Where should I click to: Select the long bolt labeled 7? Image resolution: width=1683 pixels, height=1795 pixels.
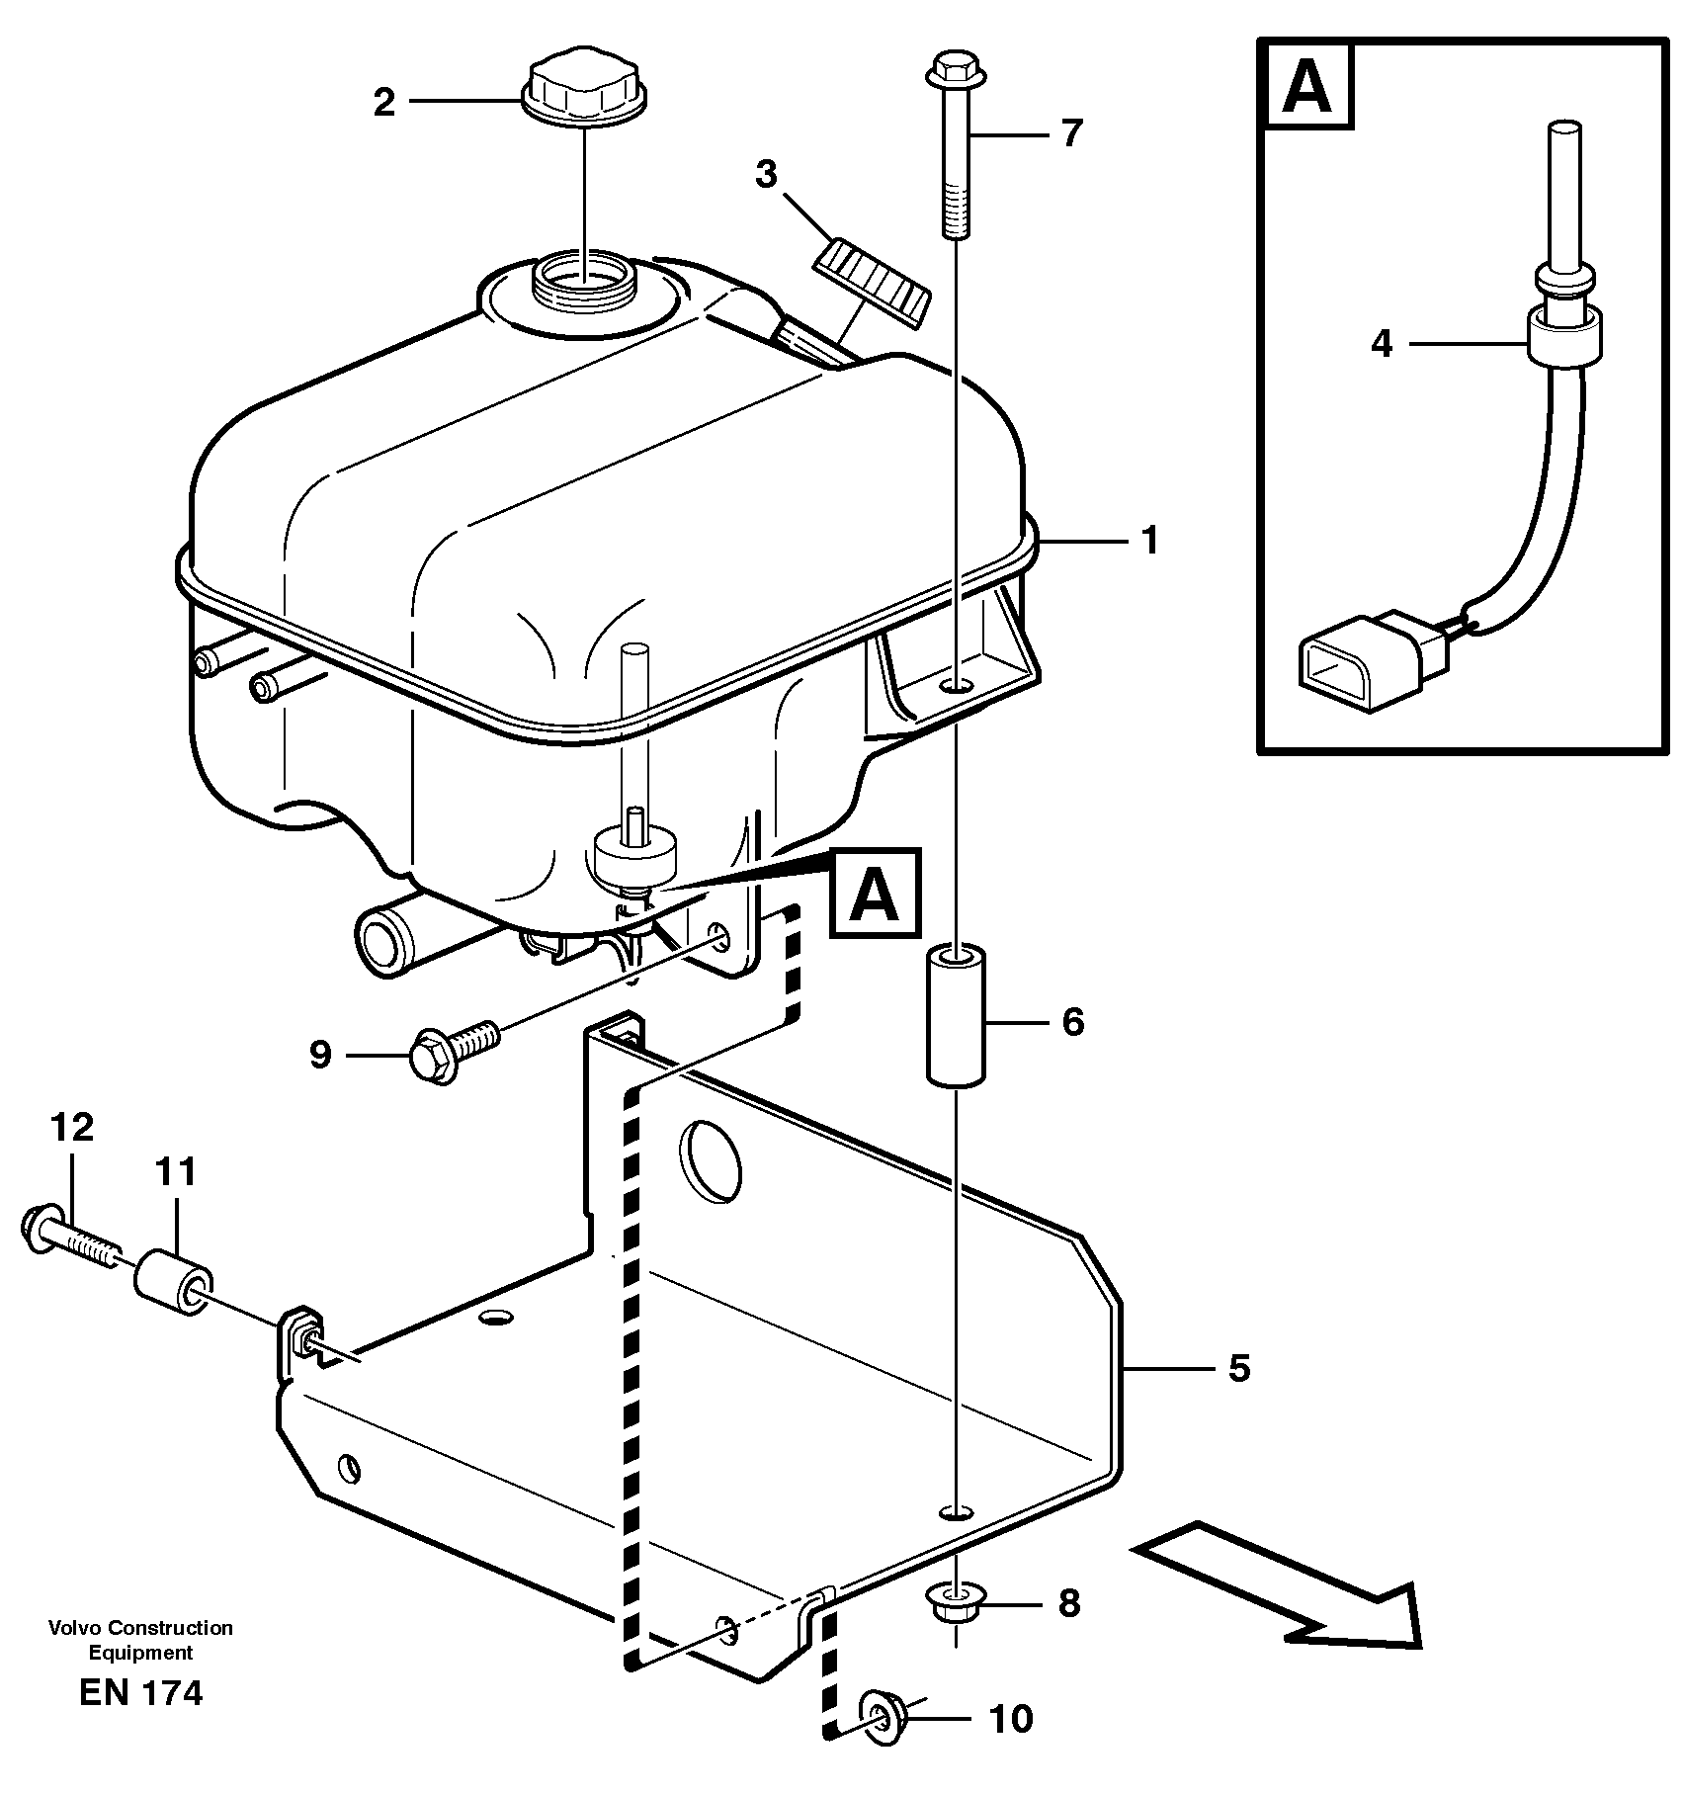point(954,148)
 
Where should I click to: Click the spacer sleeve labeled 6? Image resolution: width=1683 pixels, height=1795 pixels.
point(957,1016)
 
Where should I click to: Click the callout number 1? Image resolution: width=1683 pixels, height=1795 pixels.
point(1148,542)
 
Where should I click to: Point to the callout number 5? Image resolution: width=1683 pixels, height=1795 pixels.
point(1239,1368)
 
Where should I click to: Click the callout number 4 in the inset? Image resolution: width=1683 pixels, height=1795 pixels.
point(1382,344)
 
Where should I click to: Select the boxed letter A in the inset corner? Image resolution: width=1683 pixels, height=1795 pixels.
point(1308,87)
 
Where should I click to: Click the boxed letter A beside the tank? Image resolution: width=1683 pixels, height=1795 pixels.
point(876,893)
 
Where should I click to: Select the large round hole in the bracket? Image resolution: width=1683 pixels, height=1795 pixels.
point(710,1159)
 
